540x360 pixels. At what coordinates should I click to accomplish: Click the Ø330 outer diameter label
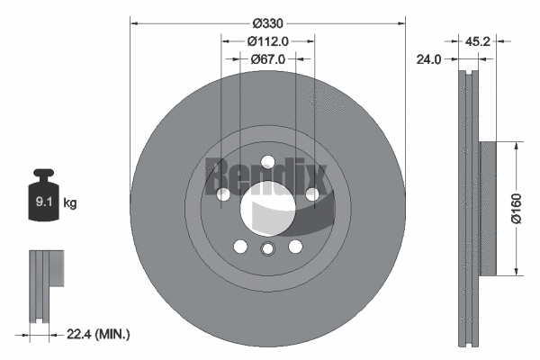coord(267,22)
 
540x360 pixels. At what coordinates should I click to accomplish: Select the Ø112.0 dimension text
coord(267,40)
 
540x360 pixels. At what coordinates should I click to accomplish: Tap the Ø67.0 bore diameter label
coord(267,59)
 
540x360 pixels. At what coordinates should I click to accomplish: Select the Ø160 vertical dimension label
coord(528,208)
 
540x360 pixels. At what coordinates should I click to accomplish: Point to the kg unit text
coord(70,203)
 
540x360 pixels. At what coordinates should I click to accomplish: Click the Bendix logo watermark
coord(256,170)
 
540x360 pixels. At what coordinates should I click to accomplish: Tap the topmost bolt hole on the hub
coord(267,162)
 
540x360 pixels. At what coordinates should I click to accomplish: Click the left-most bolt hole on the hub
coord(223,193)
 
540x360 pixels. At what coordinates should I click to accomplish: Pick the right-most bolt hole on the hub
coord(311,193)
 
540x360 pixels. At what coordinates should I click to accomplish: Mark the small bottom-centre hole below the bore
coord(267,249)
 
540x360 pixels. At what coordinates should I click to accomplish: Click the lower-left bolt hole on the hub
coord(240,246)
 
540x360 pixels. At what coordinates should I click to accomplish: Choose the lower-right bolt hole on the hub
coord(295,246)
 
